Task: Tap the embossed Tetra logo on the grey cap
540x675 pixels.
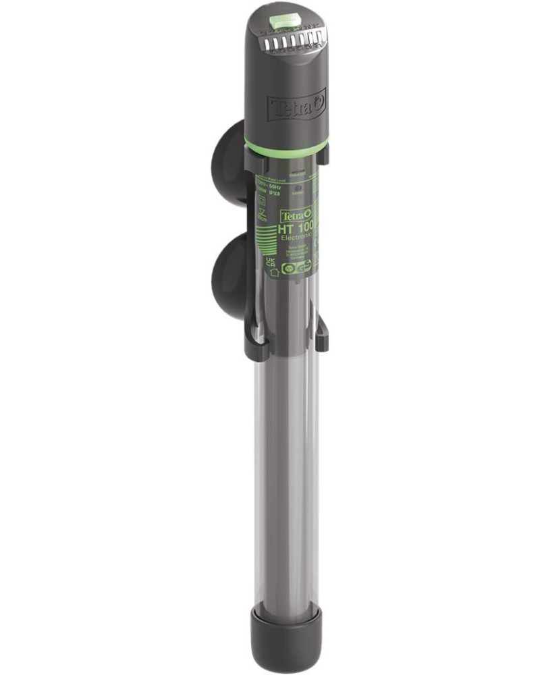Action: click(297, 107)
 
